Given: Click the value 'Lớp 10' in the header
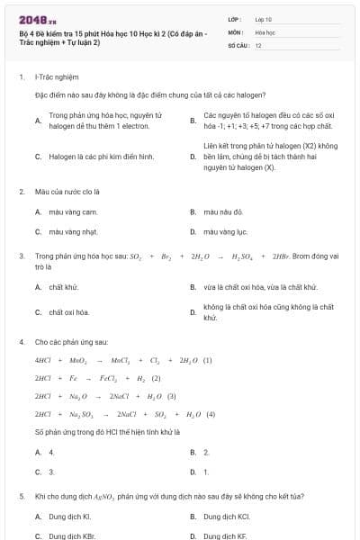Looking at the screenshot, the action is coord(264,18).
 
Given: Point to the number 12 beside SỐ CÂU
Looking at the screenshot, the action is coord(258,44).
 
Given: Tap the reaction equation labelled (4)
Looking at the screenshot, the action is coord(125,414).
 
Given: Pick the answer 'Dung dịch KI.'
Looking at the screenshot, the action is coord(69,517).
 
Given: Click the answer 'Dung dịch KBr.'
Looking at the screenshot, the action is coord(70,535).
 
